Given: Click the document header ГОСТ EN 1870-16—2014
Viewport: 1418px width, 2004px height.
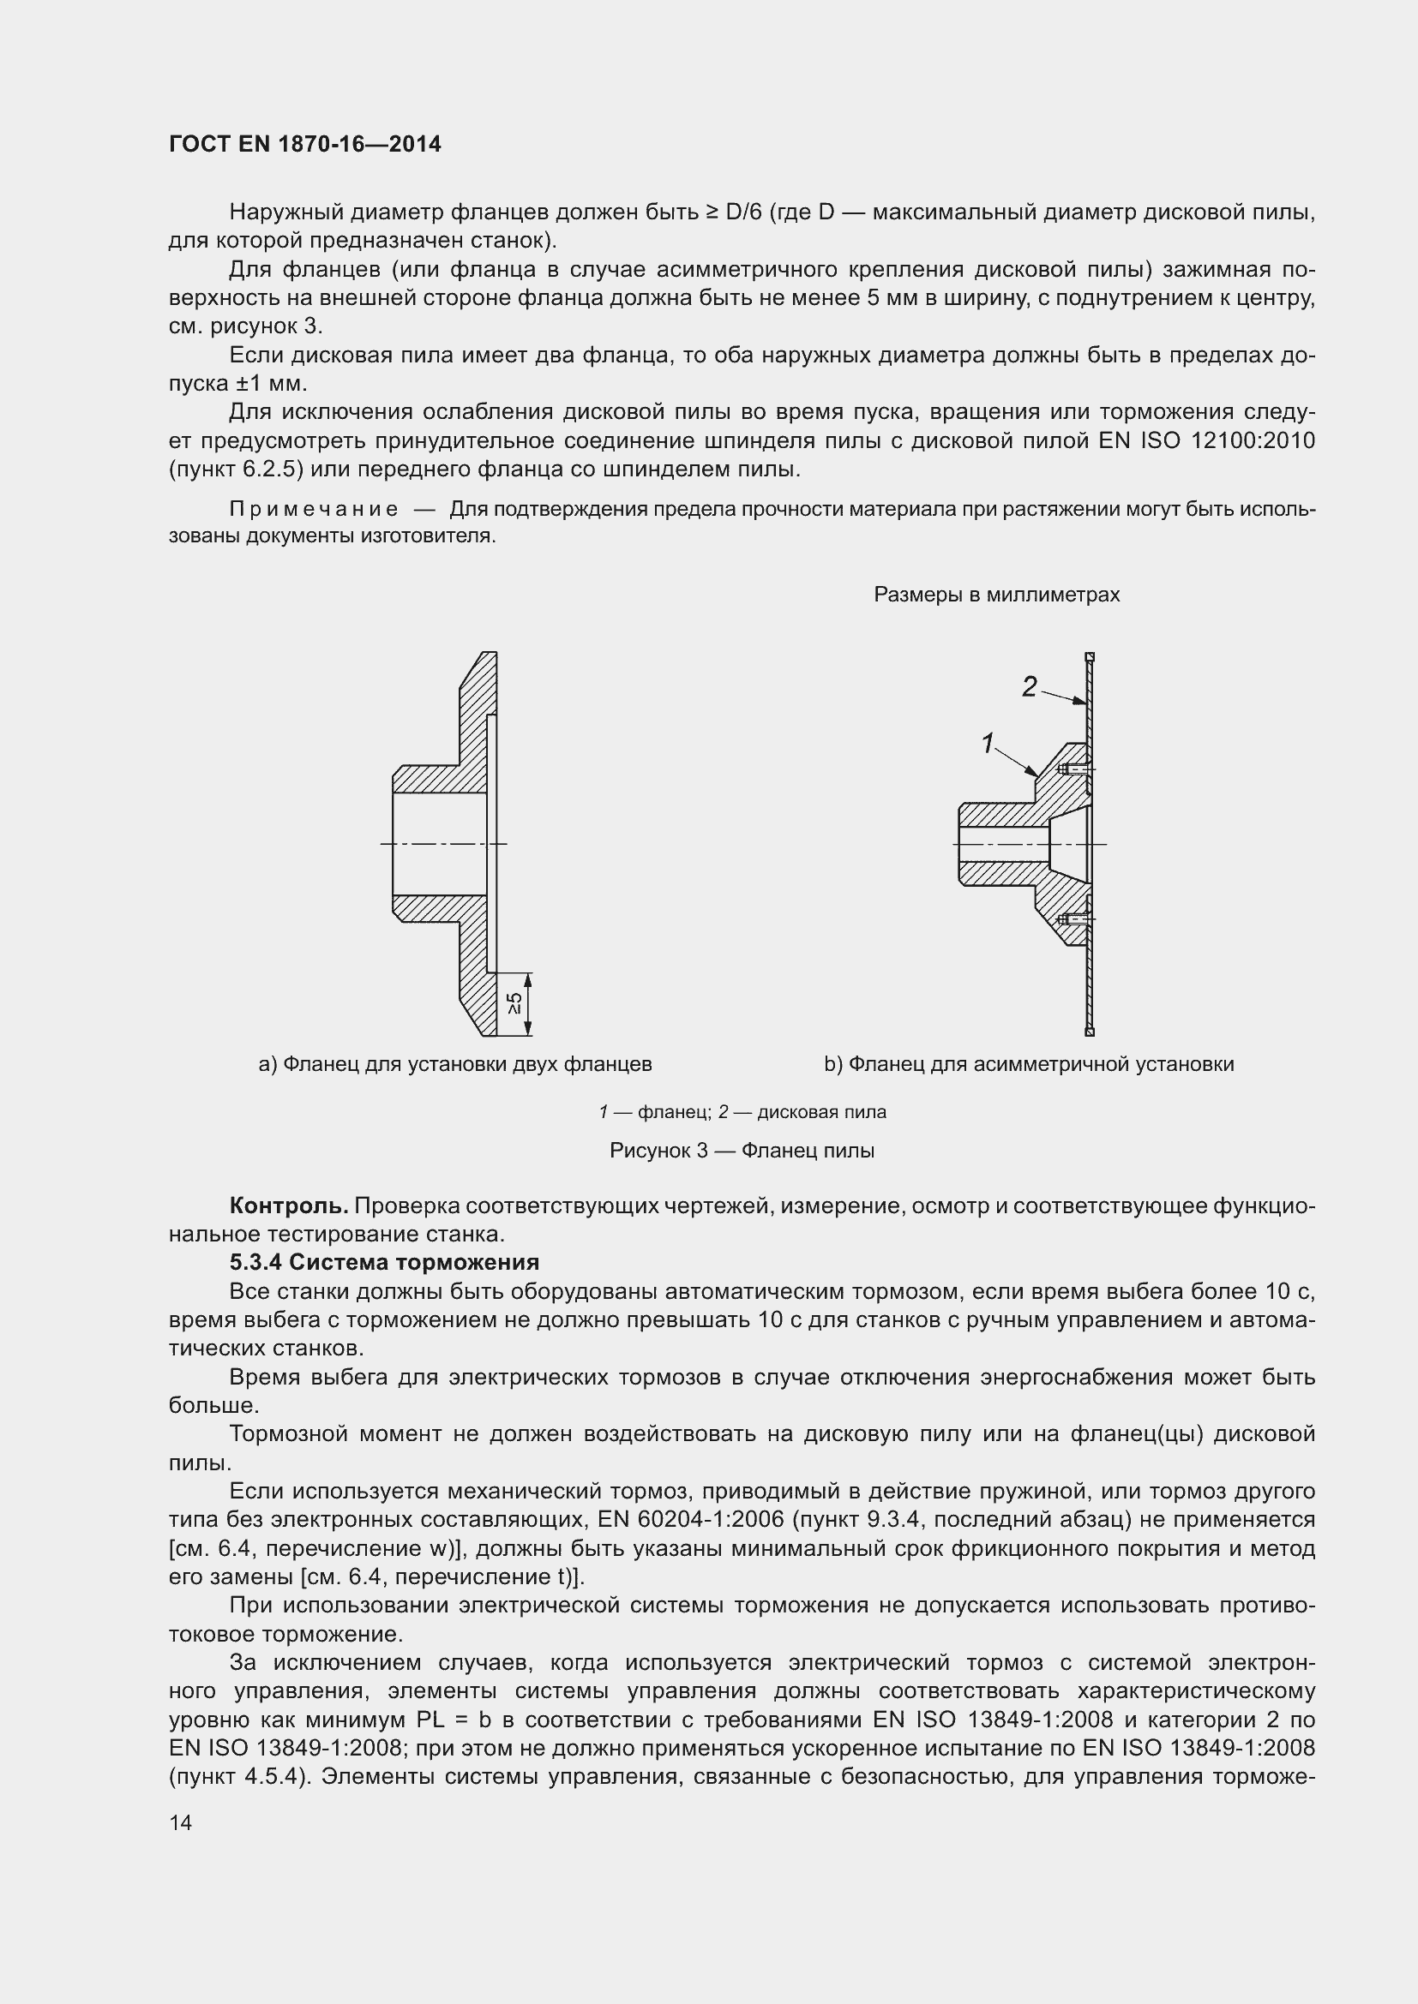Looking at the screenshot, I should point(304,144).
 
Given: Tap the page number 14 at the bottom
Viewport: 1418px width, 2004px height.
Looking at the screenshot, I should point(180,1822).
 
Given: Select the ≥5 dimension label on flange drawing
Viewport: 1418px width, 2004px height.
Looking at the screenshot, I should point(515,1004).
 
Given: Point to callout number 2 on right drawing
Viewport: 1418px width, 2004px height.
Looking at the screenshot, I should point(1030,687).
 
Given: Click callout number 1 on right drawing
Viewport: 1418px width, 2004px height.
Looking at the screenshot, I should point(988,744).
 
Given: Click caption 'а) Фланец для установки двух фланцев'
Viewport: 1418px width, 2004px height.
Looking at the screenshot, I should point(455,1064).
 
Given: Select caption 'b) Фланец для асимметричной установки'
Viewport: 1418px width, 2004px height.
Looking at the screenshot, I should point(1029,1064).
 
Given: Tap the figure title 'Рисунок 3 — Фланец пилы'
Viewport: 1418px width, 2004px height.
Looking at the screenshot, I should point(742,1151).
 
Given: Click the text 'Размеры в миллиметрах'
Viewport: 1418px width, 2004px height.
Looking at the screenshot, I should point(996,595).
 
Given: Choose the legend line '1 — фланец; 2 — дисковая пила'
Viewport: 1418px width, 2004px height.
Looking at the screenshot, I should point(742,1112).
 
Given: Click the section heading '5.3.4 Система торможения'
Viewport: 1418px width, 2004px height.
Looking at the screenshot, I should point(384,1262).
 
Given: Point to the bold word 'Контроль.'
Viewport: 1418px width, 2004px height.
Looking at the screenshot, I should point(288,1205).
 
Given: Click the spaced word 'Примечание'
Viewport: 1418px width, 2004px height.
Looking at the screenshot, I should point(314,509).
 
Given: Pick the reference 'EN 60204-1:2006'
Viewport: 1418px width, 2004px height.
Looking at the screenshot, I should point(688,1520).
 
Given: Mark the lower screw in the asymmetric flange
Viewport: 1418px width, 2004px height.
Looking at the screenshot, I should point(1073,919).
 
